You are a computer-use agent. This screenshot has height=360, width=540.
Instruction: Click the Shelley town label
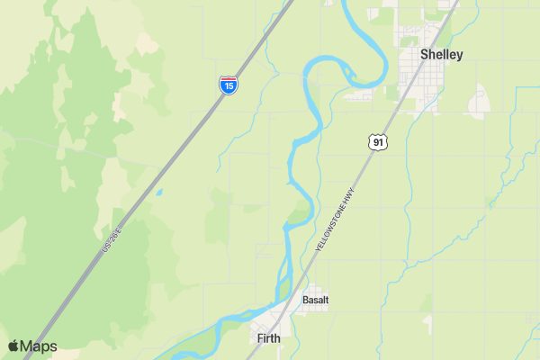point(441,55)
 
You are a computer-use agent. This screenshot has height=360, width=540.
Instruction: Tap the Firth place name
point(268,338)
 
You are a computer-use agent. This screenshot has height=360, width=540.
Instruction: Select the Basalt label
point(315,300)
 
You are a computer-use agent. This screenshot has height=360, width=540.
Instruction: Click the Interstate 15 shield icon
point(229,85)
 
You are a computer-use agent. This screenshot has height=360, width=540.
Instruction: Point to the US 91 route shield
point(378,141)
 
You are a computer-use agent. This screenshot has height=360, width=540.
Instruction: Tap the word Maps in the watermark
point(40,346)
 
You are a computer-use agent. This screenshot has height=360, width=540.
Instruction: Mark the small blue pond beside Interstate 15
point(159,192)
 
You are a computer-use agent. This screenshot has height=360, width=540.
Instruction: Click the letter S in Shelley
point(425,55)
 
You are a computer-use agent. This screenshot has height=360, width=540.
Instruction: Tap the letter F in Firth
point(260,338)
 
